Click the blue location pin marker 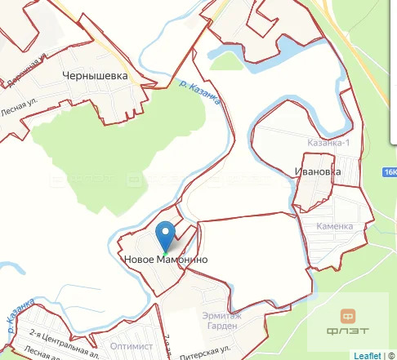click(x=166, y=235)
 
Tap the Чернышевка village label click(x=96, y=75)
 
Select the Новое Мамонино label click(x=165, y=260)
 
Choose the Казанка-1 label click(x=328, y=142)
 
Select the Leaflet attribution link click(x=367, y=355)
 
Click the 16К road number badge click(x=389, y=172)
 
